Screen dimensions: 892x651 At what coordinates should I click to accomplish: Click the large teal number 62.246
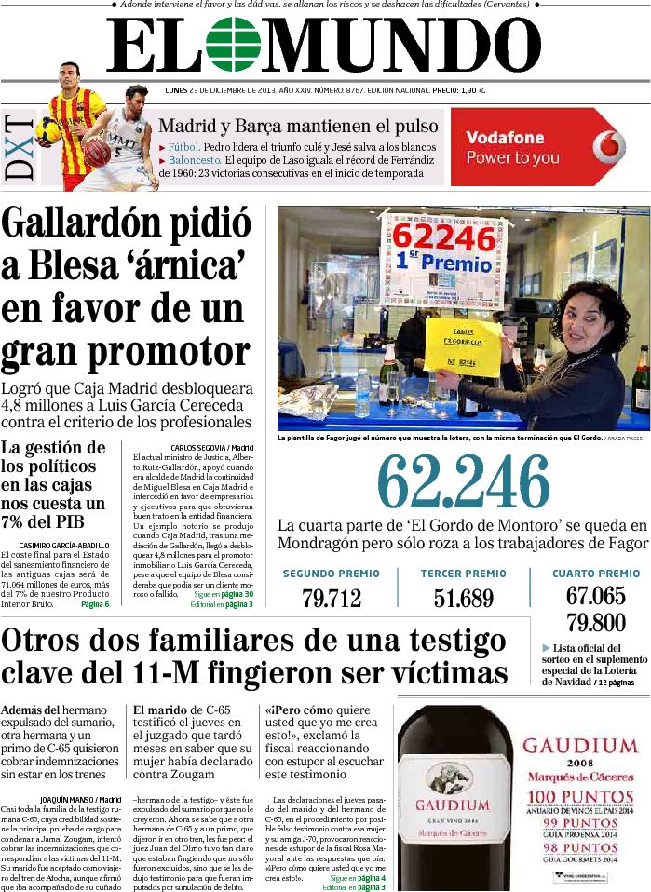click(x=464, y=482)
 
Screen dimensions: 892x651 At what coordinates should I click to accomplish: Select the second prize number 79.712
click(x=331, y=598)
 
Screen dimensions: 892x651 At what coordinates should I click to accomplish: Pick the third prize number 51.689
click(x=463, y=598)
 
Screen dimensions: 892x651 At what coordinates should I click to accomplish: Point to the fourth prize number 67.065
click(x=595, y=596)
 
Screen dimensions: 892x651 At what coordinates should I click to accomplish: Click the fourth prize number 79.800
click(x=595, y=622)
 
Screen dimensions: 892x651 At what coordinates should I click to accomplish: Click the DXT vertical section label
click(x=20, y=148)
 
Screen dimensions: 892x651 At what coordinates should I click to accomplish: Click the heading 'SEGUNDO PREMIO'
click(x=331, y=574)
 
